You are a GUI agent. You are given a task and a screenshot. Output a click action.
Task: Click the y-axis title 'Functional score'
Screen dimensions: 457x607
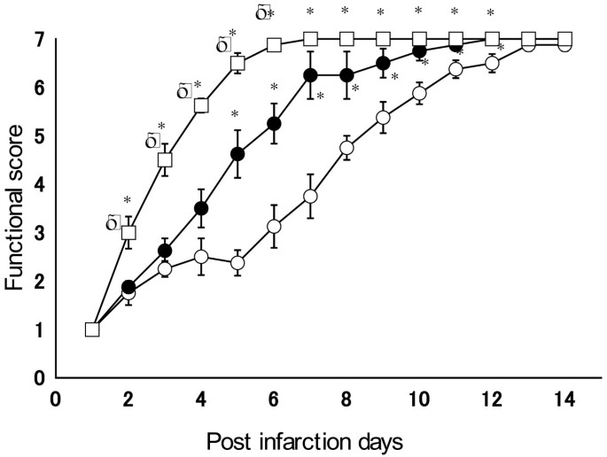point(15,209)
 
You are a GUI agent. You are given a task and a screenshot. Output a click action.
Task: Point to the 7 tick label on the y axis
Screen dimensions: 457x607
point(39,40)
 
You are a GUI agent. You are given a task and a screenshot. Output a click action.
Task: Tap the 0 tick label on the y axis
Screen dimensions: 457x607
point(39,378)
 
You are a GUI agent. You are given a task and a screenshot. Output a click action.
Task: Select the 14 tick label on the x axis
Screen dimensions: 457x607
point(564,399)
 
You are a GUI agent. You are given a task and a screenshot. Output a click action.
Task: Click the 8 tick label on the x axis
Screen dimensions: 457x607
point(346,399)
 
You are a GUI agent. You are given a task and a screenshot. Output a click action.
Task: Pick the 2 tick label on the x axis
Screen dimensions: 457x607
point(128,399)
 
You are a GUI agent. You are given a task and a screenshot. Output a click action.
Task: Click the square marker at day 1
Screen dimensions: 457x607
point(91,329)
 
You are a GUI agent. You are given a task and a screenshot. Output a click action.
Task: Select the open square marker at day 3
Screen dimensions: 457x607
point(165,159)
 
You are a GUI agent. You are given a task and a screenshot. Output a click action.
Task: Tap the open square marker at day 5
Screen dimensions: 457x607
point(237,63)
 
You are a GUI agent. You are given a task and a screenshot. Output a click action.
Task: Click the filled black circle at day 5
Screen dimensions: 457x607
point(237,154)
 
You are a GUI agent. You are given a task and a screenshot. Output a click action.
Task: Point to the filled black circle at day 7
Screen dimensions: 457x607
point(310,75)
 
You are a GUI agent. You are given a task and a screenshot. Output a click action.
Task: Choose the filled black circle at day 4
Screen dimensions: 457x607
point(201,208)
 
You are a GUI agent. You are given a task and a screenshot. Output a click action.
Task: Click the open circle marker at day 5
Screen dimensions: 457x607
point(237,263)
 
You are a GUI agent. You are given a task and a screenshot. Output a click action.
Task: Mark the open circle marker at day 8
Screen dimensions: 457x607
point(346,148)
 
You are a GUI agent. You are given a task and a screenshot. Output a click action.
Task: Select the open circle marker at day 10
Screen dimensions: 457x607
point(419,93)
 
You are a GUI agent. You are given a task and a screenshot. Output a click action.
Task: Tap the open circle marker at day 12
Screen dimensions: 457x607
point(492,63)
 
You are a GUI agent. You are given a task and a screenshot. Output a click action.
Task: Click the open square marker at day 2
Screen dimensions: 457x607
point(128,232)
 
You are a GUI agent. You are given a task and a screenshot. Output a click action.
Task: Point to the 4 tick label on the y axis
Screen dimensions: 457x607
point(39,184)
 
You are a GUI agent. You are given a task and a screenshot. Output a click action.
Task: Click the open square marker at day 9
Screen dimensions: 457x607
point(383,39)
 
